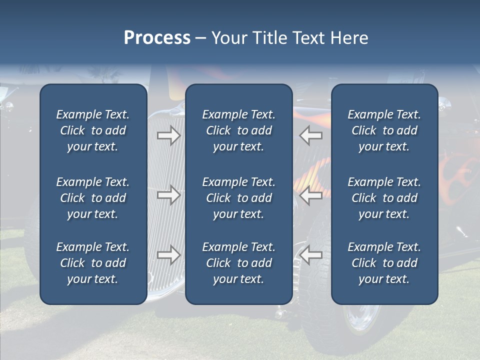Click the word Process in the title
tap(157, 38)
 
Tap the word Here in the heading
tap(349, 38)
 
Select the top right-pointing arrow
tap(168, 135)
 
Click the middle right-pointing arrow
tap(168, 195)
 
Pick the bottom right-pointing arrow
tap(168, 255)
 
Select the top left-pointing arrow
tap(311, 135)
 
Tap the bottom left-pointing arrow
tap(311, 255)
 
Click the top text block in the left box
tap(93, 130)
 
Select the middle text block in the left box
tap(93, 198)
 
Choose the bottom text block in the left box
tap(93, 263)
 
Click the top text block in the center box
tap(239, 130)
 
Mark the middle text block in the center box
tap(239, 198)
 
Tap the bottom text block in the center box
tap(239, 263)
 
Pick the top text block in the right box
tap(384, 130)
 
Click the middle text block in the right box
tap(384, 198)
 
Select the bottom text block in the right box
tap(384, 263)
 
